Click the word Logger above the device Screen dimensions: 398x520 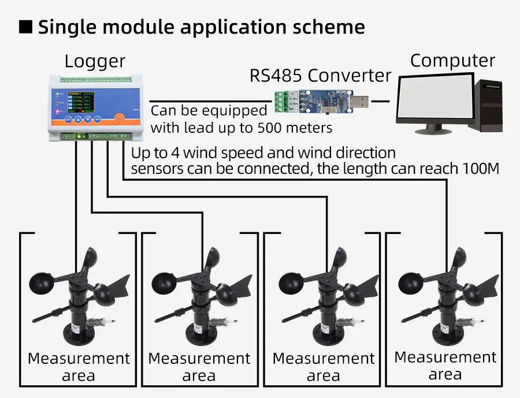point(95,61)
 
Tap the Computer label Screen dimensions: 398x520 point(452,60)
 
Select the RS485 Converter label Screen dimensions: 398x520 point(321,75)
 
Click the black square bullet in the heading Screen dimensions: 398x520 point(25,27)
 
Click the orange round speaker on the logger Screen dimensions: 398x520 point(120,117)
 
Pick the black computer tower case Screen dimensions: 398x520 point(488,103)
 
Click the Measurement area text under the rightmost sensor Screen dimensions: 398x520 point(445,366)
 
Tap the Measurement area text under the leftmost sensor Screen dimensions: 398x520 point(79,367)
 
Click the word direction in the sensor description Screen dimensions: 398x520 point(362,153)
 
